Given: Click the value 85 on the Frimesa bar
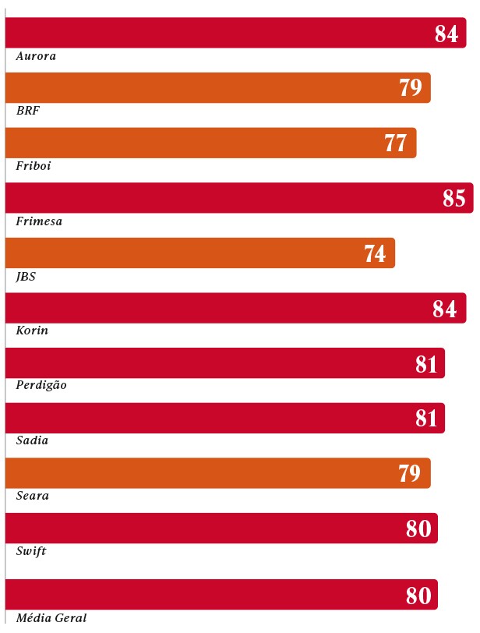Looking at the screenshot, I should click(x=454, y=199).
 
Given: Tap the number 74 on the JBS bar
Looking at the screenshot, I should click(x=375, y=254).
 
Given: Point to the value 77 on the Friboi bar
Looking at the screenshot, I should click(x=396, y=143).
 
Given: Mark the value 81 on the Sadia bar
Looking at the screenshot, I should click(x=426, y=419).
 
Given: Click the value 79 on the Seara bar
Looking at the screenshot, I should click(x=410, y=474).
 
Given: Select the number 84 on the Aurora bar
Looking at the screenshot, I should click(x=446, y=34).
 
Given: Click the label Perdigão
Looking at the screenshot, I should click(x=41, y=385).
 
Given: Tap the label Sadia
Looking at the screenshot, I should click(x=32, y=440).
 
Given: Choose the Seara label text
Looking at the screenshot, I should click(x=33, y=496).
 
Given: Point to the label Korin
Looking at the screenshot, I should click(x=32, y=331).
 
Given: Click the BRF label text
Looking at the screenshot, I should click(x=28, y=111).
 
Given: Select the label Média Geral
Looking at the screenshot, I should click(x=51, y=618).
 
